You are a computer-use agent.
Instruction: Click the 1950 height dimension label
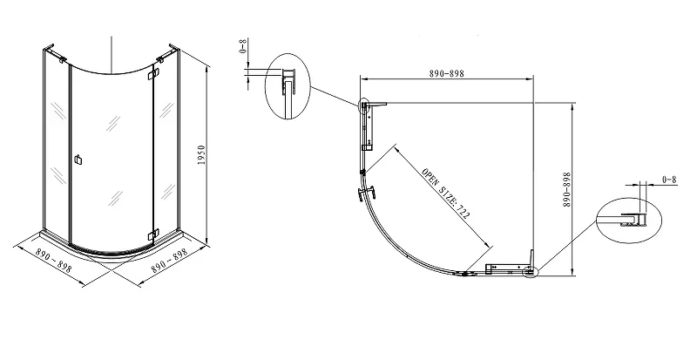(x=202, y=154)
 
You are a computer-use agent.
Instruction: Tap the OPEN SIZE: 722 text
(x=445, y=194)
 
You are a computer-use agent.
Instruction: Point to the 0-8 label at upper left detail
(x=244, y=46)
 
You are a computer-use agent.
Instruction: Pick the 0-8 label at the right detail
(x=669, y=180)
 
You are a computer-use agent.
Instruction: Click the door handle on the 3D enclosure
(x=78, y=160)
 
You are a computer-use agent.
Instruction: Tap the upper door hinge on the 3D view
(x=156, y=72)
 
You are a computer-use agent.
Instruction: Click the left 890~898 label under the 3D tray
(x=53, y=261)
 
